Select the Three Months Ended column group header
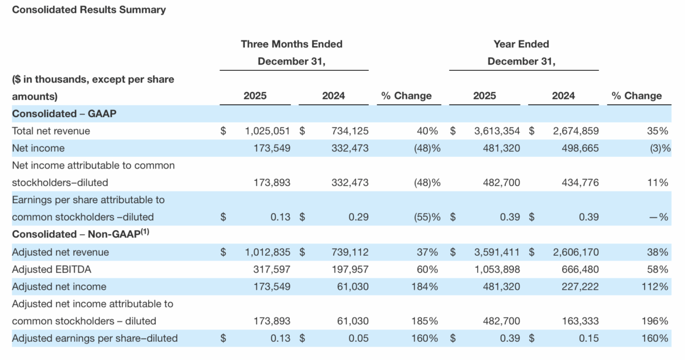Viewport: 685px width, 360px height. coord(292,44)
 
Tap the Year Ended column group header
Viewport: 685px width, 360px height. coord(521,44)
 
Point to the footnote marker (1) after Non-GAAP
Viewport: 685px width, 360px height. coord(144,232)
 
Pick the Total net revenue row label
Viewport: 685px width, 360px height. coord(51,131)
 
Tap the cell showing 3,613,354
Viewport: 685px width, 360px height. coord(496,131)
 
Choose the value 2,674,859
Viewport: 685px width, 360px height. coord(576,131)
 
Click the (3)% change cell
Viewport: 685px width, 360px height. coord(659,148)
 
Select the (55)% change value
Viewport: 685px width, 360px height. coord(427,217)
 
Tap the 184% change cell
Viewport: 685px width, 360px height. coord(427,286)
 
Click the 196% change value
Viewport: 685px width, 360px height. coord(657,321)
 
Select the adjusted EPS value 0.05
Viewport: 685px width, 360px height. coord(358,338)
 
